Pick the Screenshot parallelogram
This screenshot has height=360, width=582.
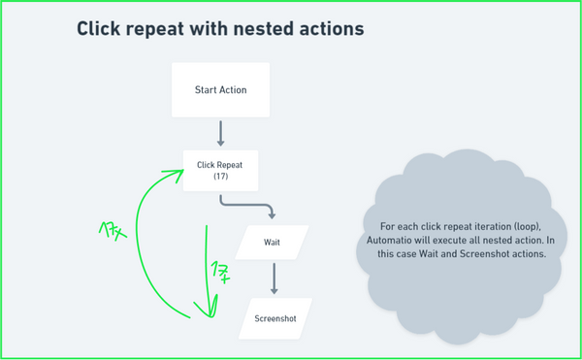coord(275,317)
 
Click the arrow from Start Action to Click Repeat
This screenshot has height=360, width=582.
coord(220,133)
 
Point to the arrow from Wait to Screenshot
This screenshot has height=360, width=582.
coord(274,278)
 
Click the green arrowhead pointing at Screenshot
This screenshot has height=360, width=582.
coord(205,310)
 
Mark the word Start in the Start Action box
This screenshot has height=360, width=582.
coord(204,90)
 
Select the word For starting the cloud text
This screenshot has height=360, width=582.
coord(387,225)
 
